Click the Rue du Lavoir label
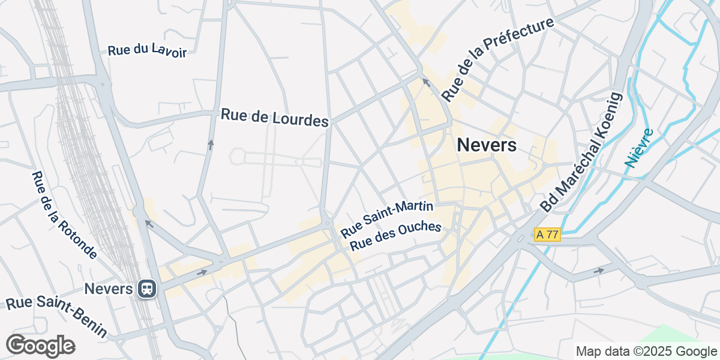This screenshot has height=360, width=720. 147,51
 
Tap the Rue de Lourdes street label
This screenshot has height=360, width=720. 275,117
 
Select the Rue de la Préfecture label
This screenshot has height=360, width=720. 497,59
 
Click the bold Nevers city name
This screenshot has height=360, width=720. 486,145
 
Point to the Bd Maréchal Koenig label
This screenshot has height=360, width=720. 580,152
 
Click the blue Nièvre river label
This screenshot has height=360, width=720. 638,148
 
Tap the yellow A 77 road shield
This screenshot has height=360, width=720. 547,235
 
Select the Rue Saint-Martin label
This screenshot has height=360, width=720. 387,219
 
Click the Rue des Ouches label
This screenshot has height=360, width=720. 395,236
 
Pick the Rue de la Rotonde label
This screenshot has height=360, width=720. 64,215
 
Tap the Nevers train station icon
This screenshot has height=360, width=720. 146,289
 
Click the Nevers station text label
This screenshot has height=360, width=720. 108,289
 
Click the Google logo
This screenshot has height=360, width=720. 40,346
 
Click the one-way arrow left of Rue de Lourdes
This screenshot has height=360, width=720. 211,144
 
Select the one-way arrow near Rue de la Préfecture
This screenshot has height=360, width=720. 426,82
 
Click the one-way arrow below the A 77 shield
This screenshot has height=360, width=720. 599,271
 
